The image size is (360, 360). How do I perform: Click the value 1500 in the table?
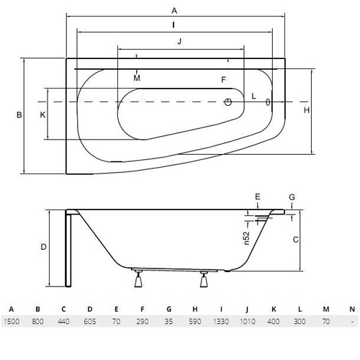(x=12, y=321)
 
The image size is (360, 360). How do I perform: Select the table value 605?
(x=90, y=321)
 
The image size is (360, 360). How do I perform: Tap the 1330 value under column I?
(x=221, y=321)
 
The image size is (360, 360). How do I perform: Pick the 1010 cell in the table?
(x=248, y=321)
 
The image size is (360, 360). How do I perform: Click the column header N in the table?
(x=352, y=309)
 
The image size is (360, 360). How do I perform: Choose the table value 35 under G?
(x=168, y=321)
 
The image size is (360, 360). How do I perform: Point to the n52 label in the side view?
(x=247, y=238)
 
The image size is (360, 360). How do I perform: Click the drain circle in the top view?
(x=228, y=102)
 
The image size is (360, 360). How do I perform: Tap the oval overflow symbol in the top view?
(x=268, y=102)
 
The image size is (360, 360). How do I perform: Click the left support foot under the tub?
(x=138, y=279)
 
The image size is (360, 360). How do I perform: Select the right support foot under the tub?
(x=204, y=279)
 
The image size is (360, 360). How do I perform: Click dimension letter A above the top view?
(x=174, y=11)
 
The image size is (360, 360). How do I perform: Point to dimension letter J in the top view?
(x=179, y=41)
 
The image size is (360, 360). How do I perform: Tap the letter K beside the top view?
(x=42, y=115)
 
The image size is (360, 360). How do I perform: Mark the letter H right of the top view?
(x=307, y=110)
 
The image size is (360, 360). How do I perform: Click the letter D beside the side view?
(x=43, y=247)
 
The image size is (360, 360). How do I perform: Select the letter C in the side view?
(x=296, y=240)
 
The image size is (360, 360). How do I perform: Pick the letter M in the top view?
(x=137, y=78)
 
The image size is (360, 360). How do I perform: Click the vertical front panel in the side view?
(x=68, y=248)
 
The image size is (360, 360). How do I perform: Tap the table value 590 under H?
(x=194, y=321)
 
